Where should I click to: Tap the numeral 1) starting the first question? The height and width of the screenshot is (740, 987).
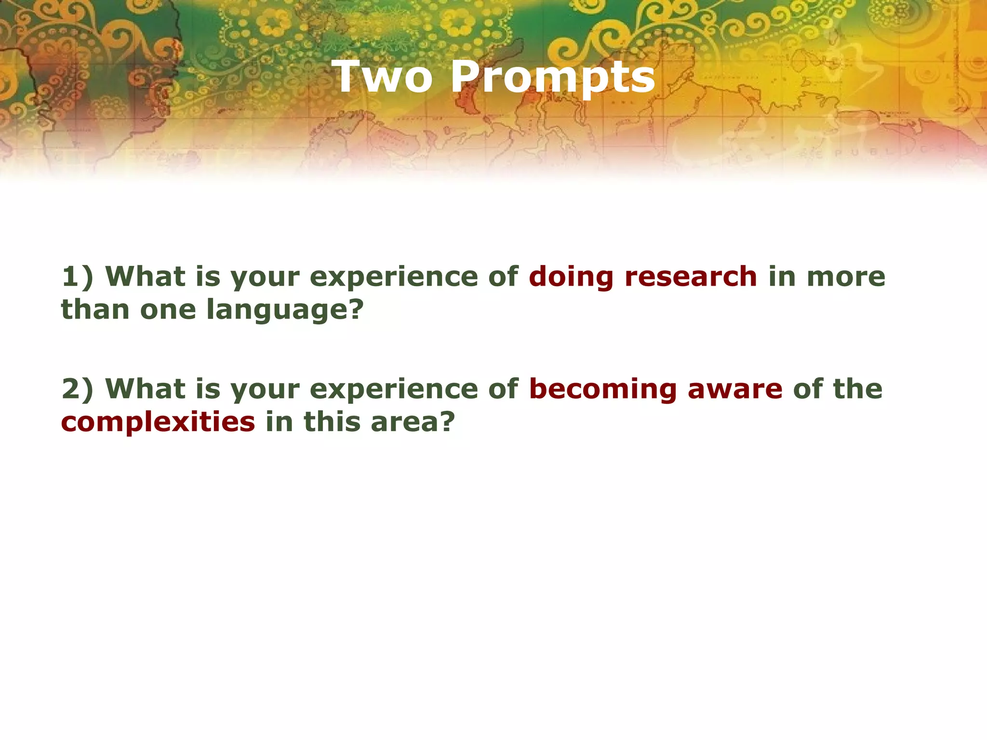point(77,277)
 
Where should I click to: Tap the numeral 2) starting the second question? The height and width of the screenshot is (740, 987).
point(77,389)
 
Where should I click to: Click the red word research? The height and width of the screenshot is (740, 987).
point(691,277)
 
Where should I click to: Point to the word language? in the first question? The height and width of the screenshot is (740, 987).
point(285,310)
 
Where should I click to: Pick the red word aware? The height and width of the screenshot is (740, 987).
point(735,389)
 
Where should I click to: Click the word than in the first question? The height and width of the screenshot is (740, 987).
point(95,309)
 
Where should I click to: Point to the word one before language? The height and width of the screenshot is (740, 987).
point(168,309)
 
